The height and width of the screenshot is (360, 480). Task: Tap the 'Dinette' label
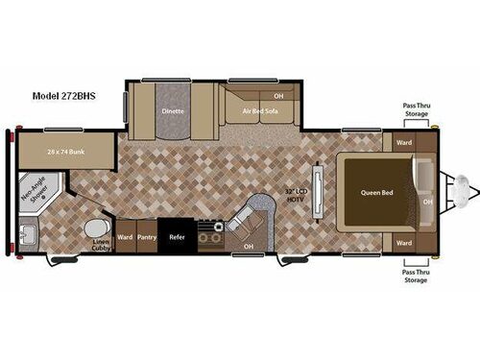pyautogui.click(x=173, y=110)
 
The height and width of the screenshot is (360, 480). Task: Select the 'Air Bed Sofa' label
pyautogui.click(x=258, y=111)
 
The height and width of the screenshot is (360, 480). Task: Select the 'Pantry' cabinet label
pyautogui.click(x=146, y=235)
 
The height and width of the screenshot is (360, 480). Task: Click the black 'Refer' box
pyautogui.click(x=178, y=235)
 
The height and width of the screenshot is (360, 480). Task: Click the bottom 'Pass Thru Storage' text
pyautogui.click(x=415, y=276)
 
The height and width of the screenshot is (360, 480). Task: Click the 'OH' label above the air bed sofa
pyautogui.click(x=278, y=96)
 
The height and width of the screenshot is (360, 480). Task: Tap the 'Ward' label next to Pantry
pyautogui.click(x=124, y=235)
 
